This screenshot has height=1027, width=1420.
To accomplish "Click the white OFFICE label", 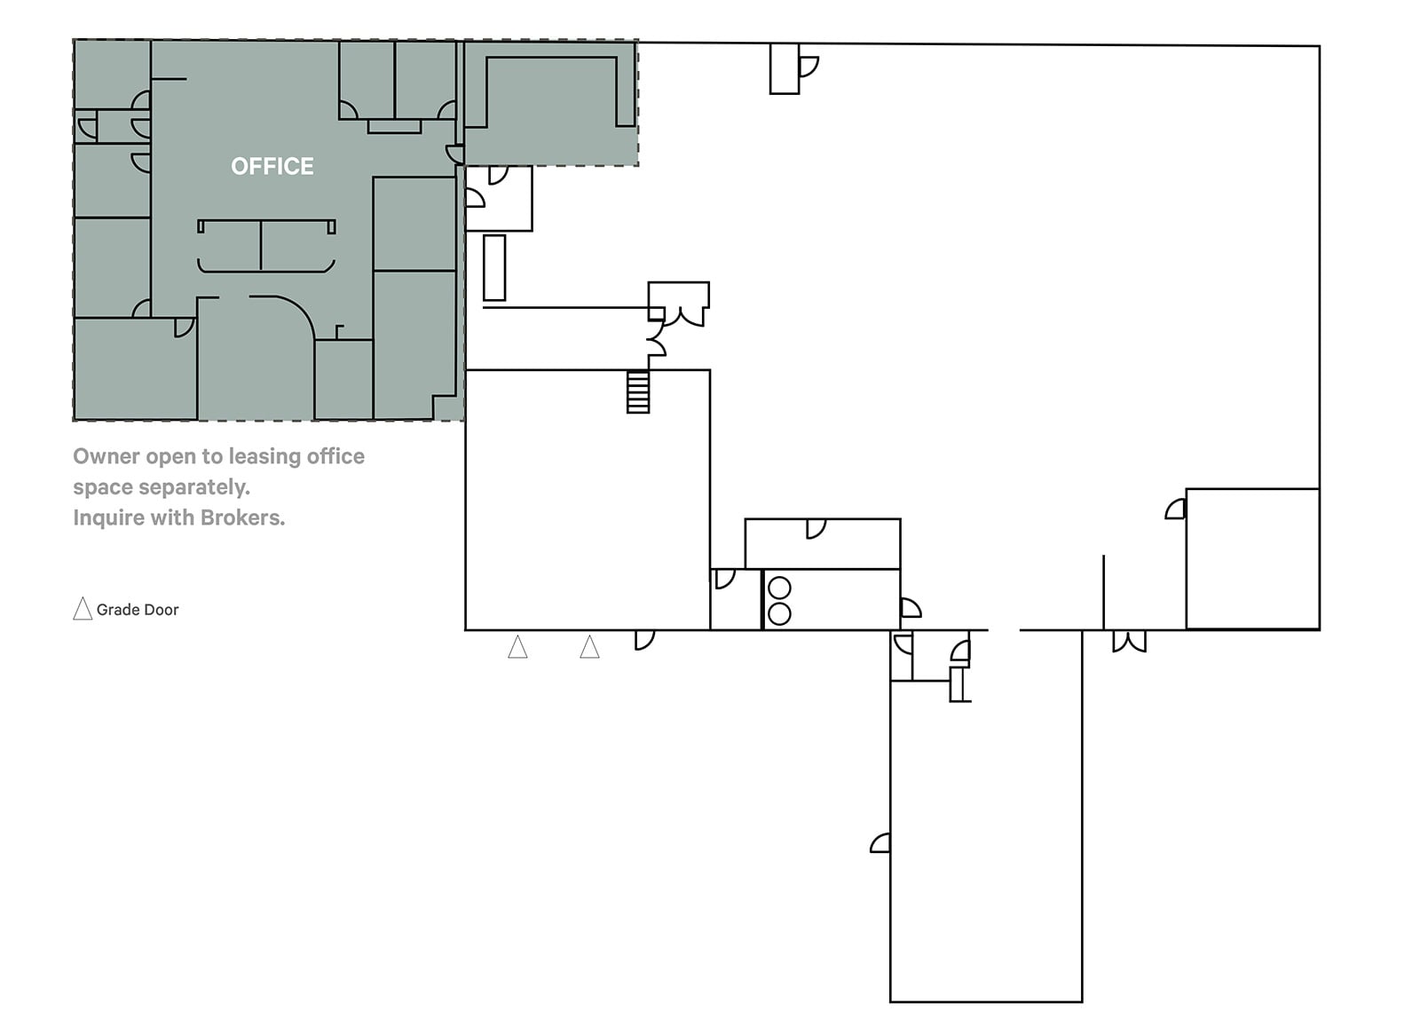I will [x=272, y=166].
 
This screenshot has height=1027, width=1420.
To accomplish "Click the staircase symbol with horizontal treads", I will [x=637, y=391].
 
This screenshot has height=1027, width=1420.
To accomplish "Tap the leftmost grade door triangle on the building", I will [x=517, y=647].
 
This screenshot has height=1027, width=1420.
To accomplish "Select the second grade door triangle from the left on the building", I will [x=589, y=647].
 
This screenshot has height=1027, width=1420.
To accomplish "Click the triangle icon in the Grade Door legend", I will [x=83, y=609].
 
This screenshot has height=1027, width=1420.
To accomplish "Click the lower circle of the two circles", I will [x=779, y=612].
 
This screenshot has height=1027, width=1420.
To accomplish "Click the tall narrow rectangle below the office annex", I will [x=494, y=267].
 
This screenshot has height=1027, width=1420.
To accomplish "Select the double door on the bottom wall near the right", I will [x=1129, y=641].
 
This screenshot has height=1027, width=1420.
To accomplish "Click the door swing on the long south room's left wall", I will [x=880, y=843].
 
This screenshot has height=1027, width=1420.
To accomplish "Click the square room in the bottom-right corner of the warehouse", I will [x=1251, y=558].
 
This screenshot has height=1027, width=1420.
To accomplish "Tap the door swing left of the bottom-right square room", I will [x=1175, y=510].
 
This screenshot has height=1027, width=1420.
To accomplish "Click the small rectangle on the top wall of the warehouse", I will [x=784, y=68].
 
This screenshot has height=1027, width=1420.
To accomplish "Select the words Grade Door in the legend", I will [x=138, y=610].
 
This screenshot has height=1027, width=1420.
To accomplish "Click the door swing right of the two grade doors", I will [x=644, y=639].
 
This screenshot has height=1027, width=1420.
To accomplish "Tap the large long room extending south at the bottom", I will [x=985, y=834].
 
